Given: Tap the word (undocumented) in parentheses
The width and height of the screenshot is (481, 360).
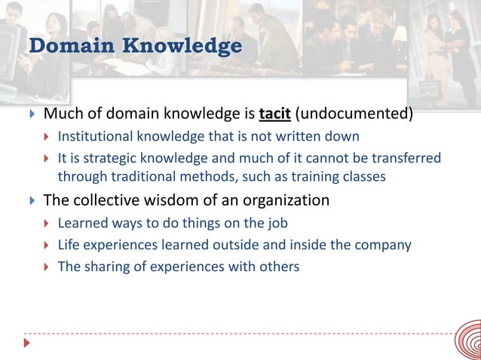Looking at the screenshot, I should pyautogui.click(x=354, y=115).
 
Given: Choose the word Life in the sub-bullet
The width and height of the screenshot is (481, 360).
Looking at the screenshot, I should pyautogui.click(x=69, y=245).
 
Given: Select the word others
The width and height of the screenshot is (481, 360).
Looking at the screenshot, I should pyautogui.click(x=280, y=267).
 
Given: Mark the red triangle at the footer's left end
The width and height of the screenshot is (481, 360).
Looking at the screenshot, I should pyautogui.click(x=28, y=343).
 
